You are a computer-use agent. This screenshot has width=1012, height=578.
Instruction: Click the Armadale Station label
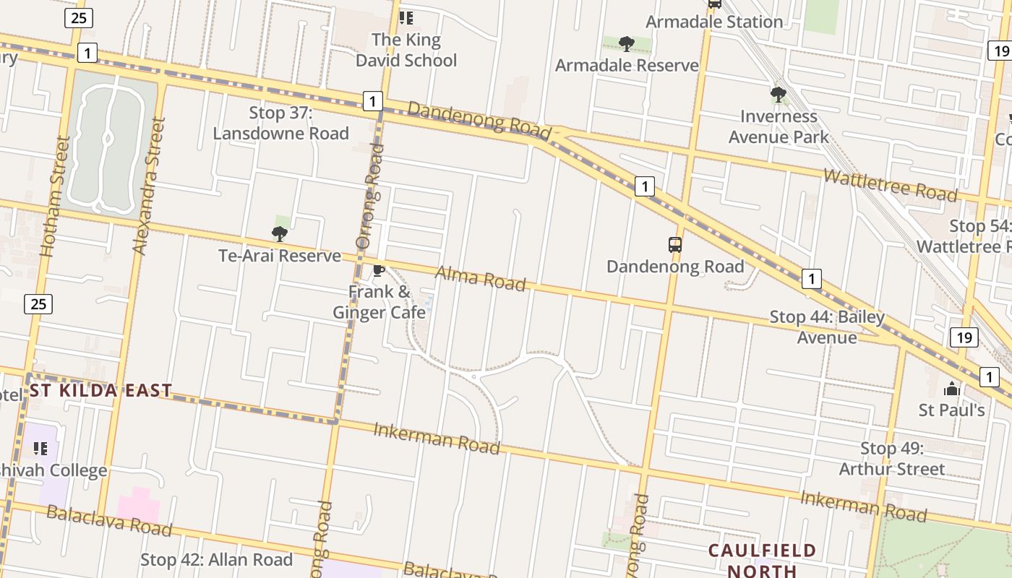tap(713, 22)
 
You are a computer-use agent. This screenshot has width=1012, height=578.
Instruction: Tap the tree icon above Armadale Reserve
tap(627, 44)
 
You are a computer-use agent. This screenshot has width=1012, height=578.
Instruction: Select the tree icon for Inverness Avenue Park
tap(779, 95)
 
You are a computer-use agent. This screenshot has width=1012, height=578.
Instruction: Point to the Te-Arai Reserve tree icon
tap(280, 233)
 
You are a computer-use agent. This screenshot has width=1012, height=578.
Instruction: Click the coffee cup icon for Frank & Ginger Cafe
tap(378, 271)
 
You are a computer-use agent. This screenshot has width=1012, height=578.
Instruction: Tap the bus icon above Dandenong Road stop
tap(675, 245)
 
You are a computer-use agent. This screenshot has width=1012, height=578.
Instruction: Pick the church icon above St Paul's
tap(951, 389)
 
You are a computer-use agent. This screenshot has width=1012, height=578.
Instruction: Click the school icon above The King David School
tap(406, 17)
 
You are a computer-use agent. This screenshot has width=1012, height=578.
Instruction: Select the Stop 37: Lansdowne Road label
tap(280, 123)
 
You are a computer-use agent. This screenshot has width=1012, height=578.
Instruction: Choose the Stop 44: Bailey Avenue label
tap(827, 327)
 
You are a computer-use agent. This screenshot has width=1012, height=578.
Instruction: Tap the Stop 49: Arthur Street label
tap(892, 459)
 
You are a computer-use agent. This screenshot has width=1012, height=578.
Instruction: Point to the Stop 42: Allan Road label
tap(216, 560)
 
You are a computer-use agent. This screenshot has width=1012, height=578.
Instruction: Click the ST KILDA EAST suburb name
tap(100, 391)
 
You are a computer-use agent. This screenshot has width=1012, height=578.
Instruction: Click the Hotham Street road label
tap(55, 197)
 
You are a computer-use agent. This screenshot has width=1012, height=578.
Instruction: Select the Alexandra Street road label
tap(150, 186)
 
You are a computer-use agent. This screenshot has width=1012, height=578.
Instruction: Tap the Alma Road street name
tap(480, 278)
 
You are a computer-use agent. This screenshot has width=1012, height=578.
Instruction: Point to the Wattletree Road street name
tap(890, 185)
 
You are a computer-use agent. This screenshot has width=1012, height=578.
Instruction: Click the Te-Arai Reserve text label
tap(280, 256)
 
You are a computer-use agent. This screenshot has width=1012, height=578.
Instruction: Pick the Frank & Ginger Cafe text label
tap(379, 302)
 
